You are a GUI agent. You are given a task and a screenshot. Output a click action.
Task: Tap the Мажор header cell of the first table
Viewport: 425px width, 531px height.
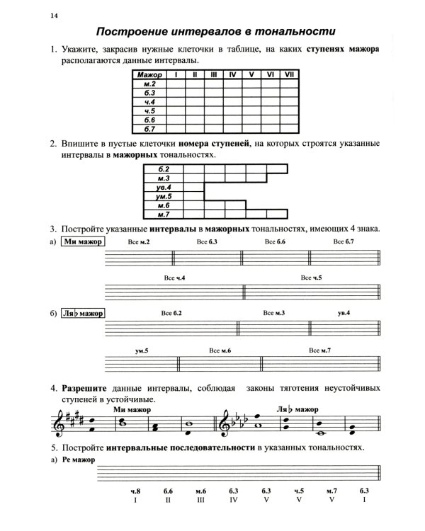(149, 74)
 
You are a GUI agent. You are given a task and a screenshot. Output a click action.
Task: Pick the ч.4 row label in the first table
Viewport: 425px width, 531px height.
(149, 102)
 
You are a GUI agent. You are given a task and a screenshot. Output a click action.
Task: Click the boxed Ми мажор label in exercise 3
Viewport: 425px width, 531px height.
(81, 242)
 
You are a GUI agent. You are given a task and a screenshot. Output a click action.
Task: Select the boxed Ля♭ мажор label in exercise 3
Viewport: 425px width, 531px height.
(81, 313)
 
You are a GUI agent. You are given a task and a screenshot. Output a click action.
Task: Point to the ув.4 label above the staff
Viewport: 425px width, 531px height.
(344, 313)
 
